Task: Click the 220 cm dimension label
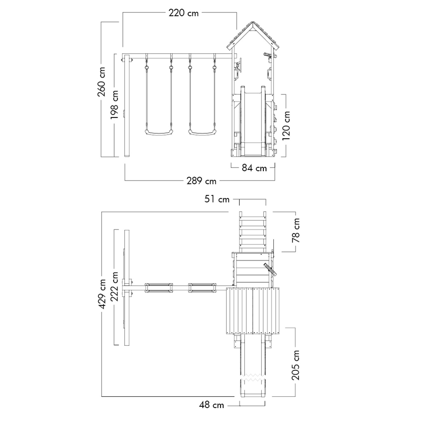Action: [184, 13]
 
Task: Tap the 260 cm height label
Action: [101, 82]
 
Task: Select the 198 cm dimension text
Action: [114, 105]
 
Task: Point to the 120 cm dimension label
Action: [286, 126]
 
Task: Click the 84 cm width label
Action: [254, 168]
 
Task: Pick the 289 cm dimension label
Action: [201, 181]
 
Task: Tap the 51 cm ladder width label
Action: [217, 199]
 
